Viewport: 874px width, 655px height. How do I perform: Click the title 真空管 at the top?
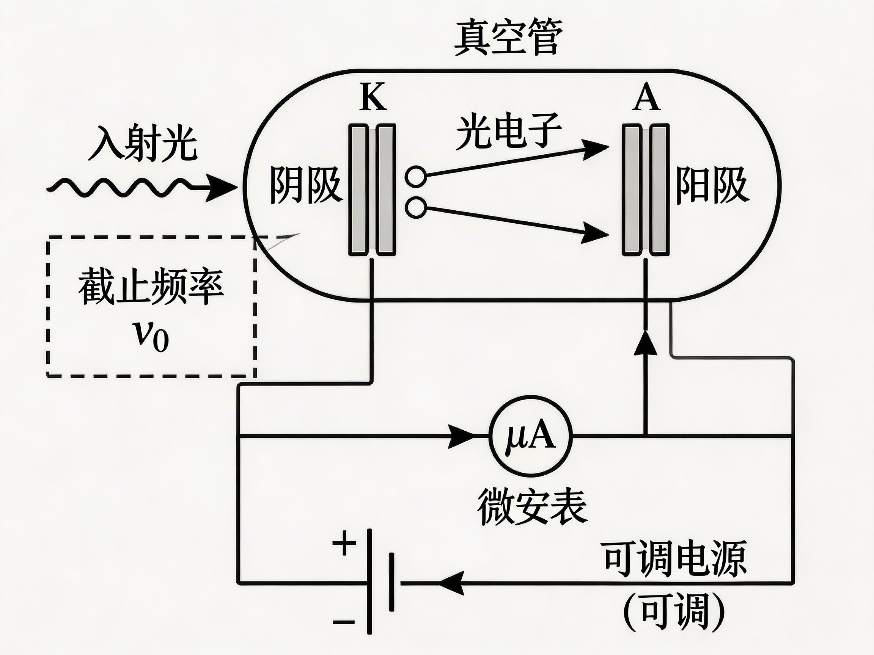tap(507, 38)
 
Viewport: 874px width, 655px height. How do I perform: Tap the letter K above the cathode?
tap(373, 97)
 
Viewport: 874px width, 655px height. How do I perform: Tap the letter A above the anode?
tap(646, 97)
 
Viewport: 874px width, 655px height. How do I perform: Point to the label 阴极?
tap(305, 185)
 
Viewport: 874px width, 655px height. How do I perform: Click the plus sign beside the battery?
tap(344, 544)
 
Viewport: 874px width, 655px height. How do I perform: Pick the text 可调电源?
tap(675, 559)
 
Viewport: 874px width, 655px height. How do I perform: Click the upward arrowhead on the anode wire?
tap(645, 343)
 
